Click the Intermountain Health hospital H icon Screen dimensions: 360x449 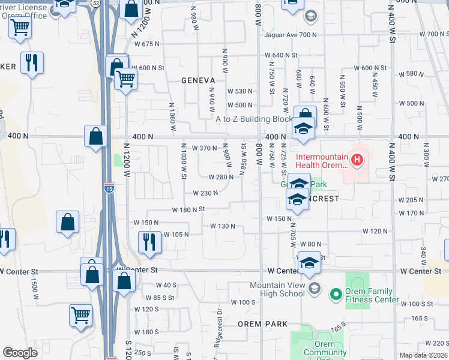tap(357, 160)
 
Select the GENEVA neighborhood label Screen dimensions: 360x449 tap(199, 79)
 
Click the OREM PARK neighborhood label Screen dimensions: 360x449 tap(263, 324)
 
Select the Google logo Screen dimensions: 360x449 tap(20, 353)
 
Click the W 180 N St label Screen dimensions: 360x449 tap(188, 209)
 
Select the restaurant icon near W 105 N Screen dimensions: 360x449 tap(148, 241)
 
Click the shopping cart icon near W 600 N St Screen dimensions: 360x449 tap(125, 78)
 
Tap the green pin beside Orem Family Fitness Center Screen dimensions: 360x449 tap(335, 293)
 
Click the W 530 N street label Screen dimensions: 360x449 tap(240, 91)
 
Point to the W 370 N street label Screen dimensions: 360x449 tap(203, 148)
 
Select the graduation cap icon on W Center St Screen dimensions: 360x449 tap(310, 263)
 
